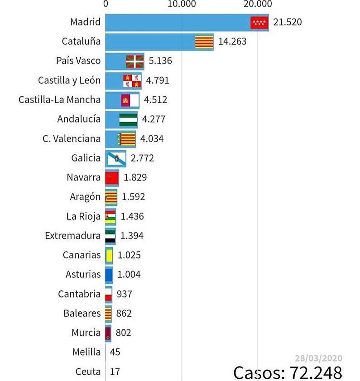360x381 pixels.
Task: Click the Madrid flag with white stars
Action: (259, 22)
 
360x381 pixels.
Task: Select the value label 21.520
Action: (287, 22)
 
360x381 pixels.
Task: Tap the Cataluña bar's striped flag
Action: (204, 42)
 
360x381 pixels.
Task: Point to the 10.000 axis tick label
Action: (182, 4)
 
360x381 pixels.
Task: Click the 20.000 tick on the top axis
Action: (258, 4)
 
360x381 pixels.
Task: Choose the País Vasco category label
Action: (78, 61)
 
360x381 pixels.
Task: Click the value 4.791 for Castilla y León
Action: (157, 81)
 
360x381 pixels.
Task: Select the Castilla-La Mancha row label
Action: (60, 100)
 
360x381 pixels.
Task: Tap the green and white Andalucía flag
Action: (128, 119)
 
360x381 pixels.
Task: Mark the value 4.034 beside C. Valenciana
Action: (152, 138)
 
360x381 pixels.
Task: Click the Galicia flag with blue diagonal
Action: (116, 158)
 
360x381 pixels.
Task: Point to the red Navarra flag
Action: (111, 177)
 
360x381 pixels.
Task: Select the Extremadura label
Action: (73, 236)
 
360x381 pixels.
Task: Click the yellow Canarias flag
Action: (109, 255)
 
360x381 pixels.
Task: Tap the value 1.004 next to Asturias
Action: (129, 274)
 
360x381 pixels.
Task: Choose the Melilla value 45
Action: (115, 352)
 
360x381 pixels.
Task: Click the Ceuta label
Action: (88, 371)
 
